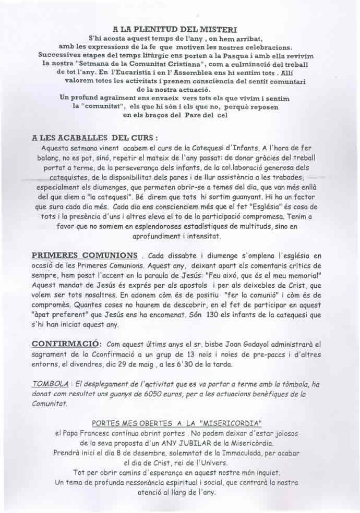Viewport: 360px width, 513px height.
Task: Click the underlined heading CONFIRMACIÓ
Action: click(66, 344)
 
